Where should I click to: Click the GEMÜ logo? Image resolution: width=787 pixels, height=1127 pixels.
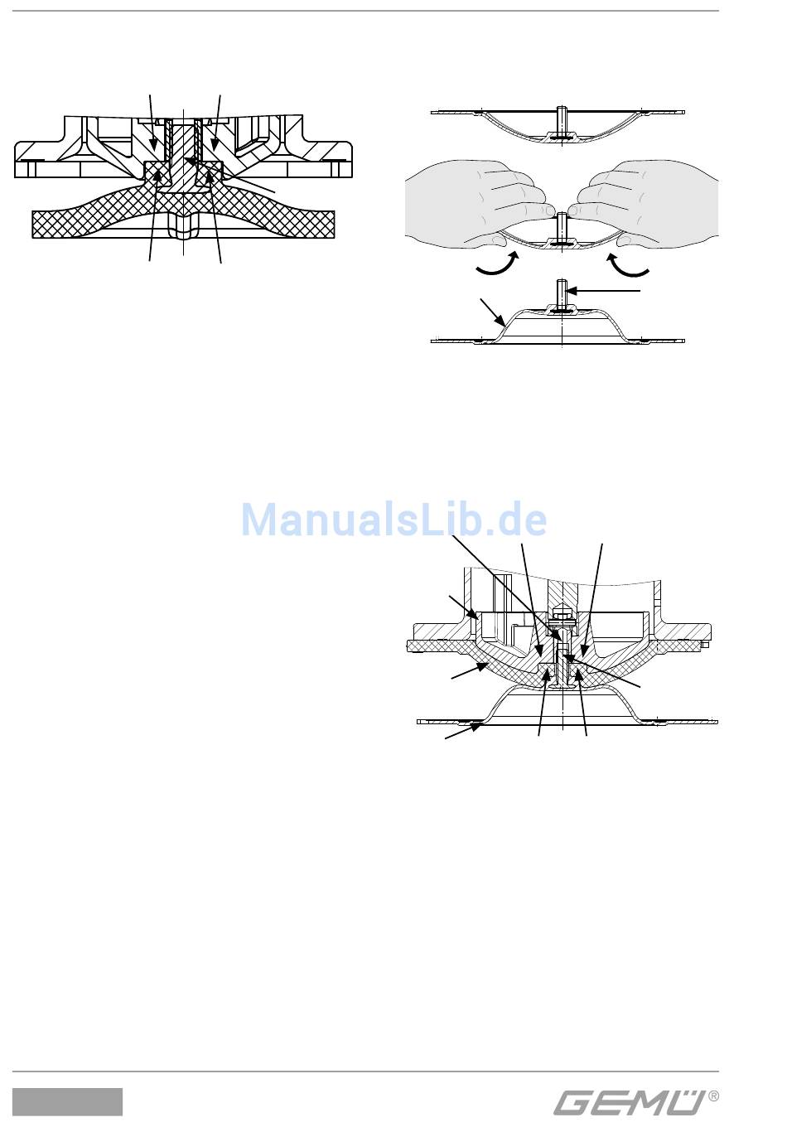630,1103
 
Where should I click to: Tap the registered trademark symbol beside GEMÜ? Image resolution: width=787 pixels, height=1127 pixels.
714,1096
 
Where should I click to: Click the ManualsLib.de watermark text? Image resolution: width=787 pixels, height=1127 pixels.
393,520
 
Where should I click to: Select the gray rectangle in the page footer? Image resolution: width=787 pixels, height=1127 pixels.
67,1102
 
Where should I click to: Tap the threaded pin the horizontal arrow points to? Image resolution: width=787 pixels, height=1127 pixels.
562,293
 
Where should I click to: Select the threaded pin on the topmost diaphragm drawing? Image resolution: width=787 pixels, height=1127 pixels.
562,117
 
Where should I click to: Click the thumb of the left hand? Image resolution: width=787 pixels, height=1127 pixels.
498,240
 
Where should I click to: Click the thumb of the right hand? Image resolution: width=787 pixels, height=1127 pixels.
625,240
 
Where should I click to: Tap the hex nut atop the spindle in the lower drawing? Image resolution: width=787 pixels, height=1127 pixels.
562,615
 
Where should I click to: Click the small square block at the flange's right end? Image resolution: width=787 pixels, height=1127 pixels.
705,644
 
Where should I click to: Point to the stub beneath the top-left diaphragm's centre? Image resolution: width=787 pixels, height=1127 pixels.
183,229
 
